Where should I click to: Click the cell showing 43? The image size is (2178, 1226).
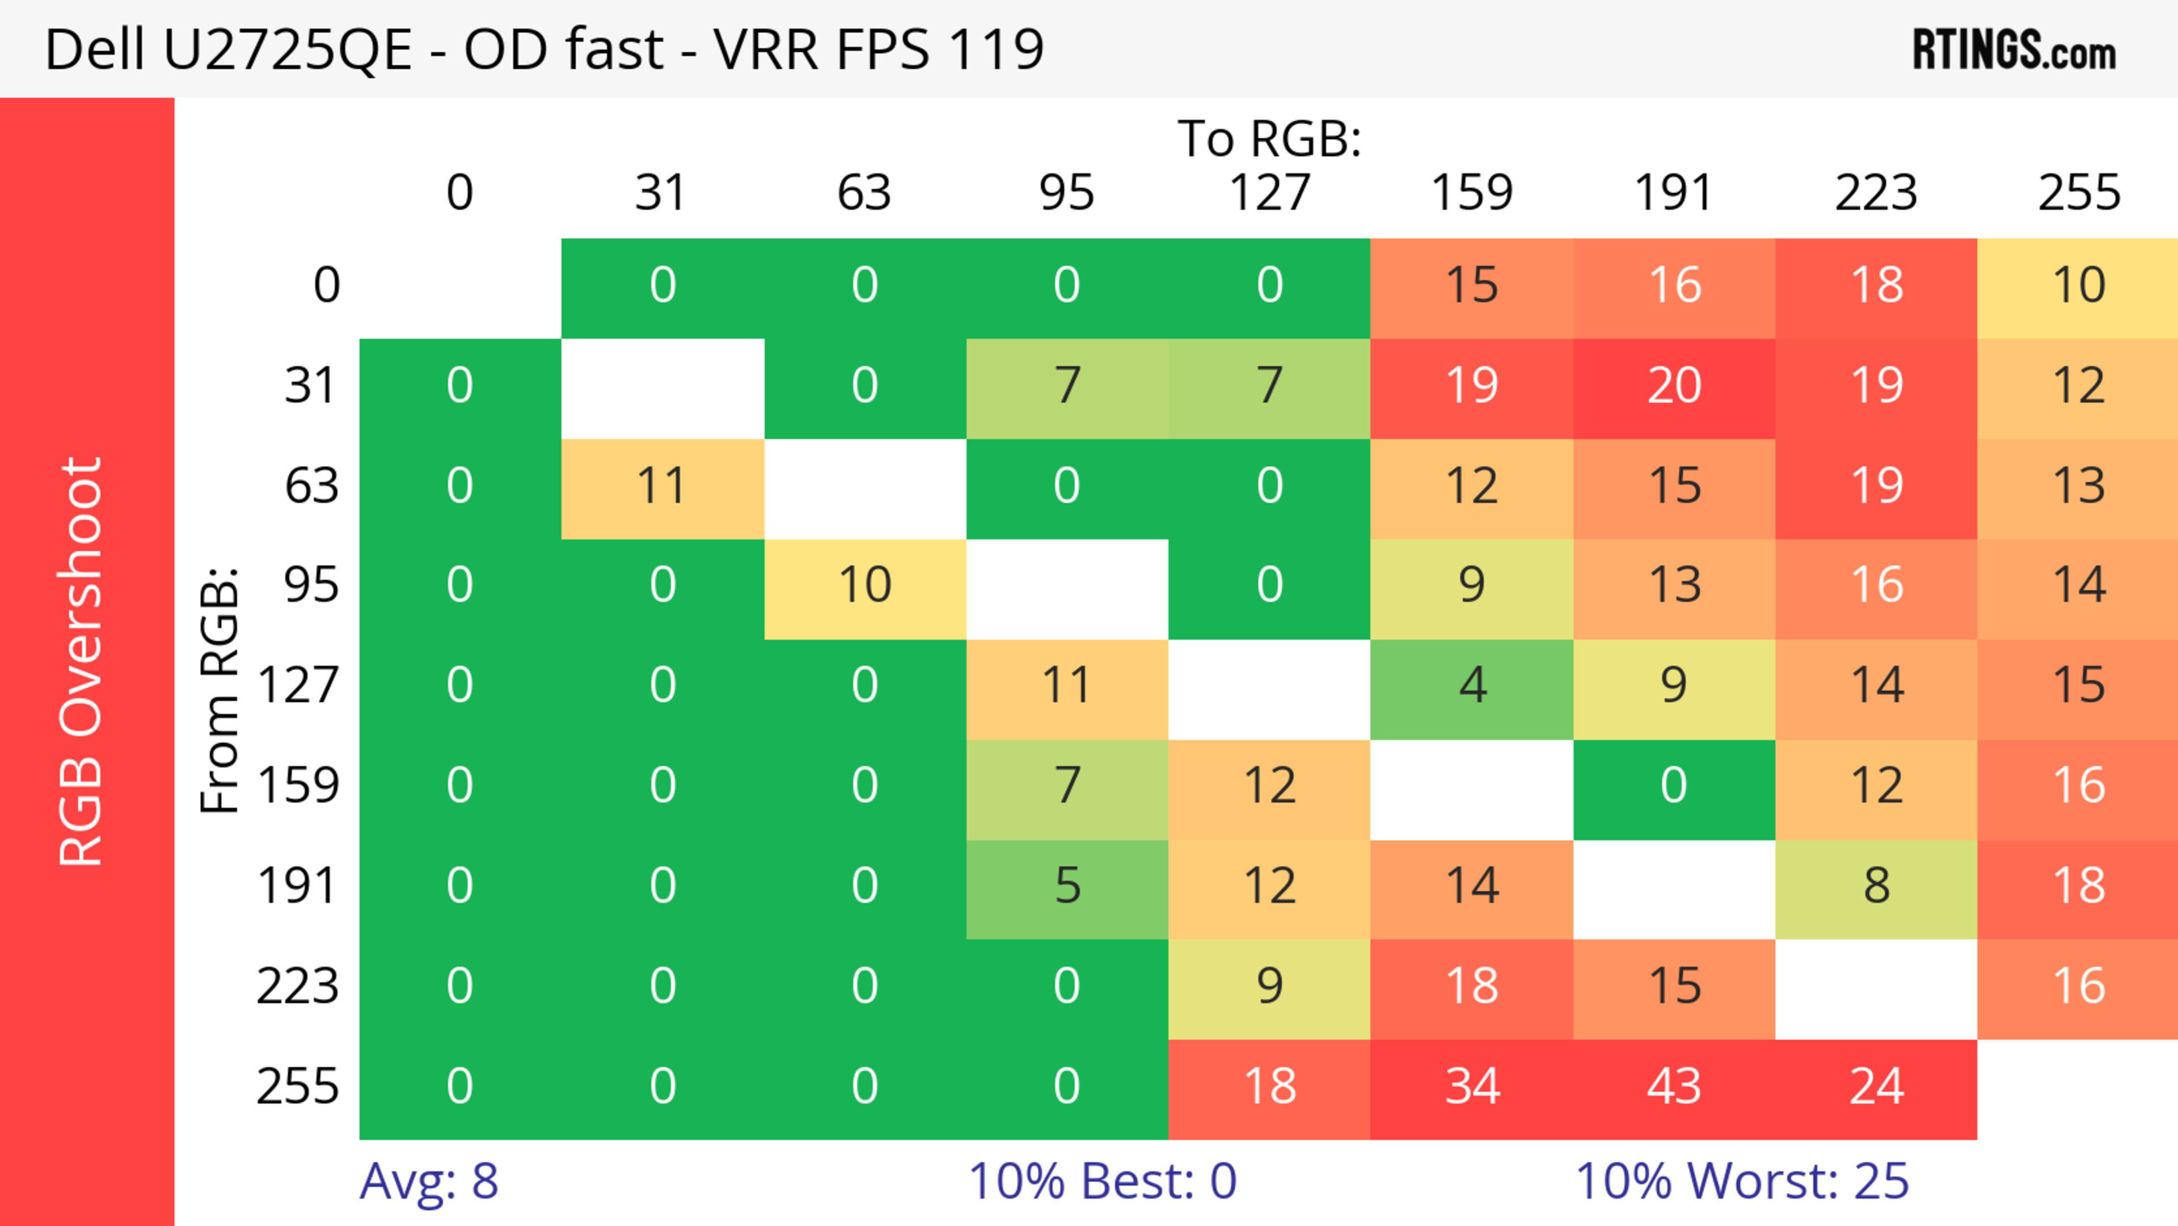point(1674,1086)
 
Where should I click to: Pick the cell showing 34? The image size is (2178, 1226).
point(1472,1086)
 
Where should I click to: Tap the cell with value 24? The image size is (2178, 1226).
point(1876,1086)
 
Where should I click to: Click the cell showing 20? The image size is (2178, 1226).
point(1674,386)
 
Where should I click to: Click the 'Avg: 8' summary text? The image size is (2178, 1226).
point(429,1181)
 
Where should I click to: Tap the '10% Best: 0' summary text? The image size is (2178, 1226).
point(1101,1181)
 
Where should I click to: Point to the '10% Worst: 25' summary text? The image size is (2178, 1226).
point(1742,1181)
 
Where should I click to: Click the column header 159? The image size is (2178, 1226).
point(1472,193)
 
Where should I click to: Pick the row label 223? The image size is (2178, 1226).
point(298,986)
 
